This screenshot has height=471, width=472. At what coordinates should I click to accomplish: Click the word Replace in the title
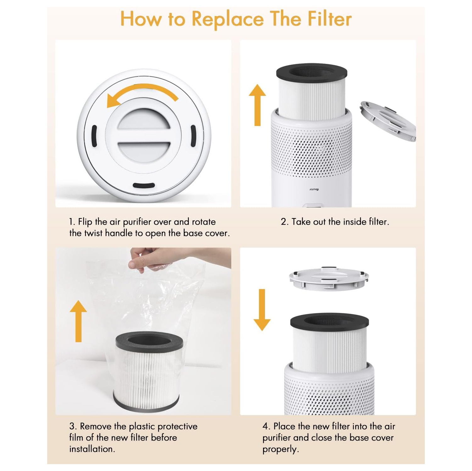[228, 19]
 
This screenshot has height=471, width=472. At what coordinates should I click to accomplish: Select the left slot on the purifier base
[94, 136]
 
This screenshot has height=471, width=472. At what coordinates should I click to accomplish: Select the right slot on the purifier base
[193, 136]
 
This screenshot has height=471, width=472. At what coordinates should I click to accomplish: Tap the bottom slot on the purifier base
[143, 185]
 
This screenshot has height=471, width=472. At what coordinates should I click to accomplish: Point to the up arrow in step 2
[257, 105]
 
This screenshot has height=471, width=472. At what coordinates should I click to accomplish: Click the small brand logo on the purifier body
[314, 189]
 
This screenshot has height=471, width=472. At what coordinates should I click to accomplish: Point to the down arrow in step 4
[262, 310]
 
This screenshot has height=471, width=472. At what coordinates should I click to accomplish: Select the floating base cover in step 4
[329, 278]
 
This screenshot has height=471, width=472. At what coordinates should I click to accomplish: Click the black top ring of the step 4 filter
[329, 321]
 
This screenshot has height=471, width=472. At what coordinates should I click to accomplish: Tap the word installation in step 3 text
[92, 449]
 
